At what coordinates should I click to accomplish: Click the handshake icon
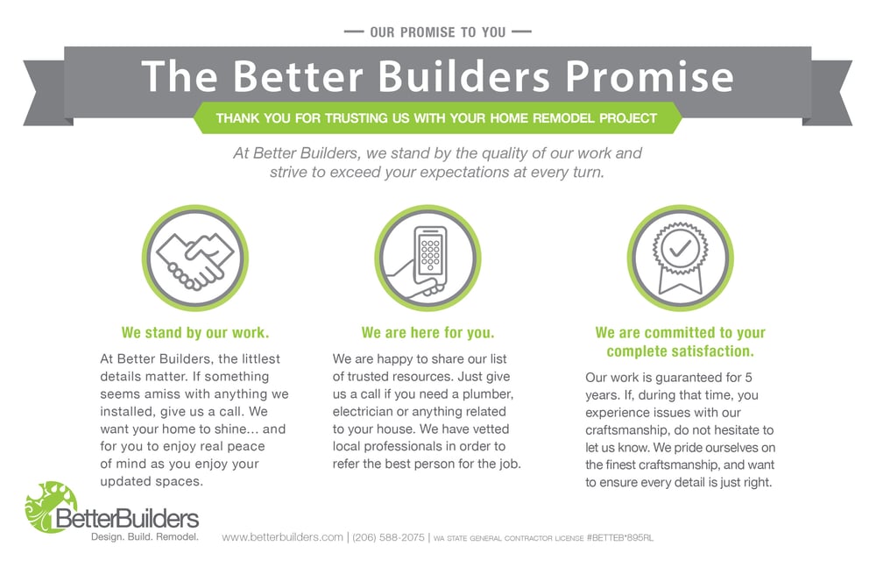click(194, 258)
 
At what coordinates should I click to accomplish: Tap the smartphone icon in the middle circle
click(428, 259)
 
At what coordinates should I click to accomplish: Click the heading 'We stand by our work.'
click(195, 333)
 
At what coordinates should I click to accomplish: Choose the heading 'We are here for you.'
click(427, 333)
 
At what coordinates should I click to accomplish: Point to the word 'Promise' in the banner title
click(647, 76)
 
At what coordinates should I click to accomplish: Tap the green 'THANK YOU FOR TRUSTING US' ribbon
click(437, 117)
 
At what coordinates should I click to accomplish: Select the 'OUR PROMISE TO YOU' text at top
click(438, 32)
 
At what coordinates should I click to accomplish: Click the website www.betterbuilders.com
click(282, 537)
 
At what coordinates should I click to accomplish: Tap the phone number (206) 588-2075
click(389, 537)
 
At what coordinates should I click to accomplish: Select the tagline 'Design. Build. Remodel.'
click(145, 535)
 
